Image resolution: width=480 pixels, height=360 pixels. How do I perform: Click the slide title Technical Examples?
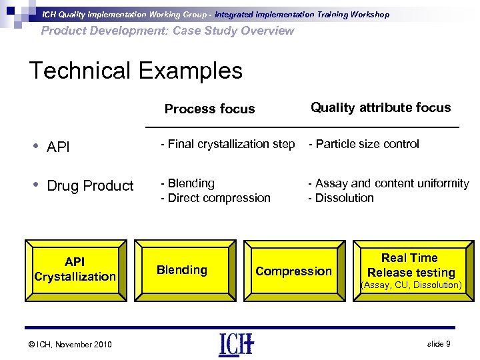(135, 71)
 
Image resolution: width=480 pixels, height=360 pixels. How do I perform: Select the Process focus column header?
(209, 109)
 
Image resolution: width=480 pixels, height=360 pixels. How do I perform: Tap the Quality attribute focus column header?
(381, 107)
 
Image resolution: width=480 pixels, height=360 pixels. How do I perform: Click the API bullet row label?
(58, 147)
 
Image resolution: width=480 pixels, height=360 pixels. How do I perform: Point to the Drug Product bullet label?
(90, 186)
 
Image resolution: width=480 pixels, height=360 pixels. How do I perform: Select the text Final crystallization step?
(227, 144)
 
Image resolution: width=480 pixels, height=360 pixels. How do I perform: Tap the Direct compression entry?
(215, 198)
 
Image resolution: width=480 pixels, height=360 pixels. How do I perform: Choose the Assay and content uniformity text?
(388, 183)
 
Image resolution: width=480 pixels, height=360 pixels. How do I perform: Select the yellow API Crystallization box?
(75, 269)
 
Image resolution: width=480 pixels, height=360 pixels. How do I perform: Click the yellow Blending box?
(182, 269)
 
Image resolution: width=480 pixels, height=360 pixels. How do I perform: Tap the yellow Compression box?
(293, 271)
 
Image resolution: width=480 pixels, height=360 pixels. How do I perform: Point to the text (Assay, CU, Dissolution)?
(411, 285)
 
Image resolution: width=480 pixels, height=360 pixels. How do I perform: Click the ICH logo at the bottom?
(236, 344)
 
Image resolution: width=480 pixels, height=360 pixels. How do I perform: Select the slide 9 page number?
(439, 343)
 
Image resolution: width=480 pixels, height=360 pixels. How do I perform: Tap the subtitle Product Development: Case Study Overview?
(167, 31)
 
